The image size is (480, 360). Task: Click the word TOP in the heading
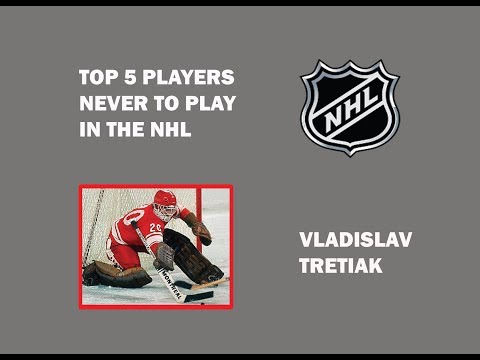coord(95,76)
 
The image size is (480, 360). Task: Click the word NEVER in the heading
coord(105,103)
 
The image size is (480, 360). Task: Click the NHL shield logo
coord(348,108)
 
